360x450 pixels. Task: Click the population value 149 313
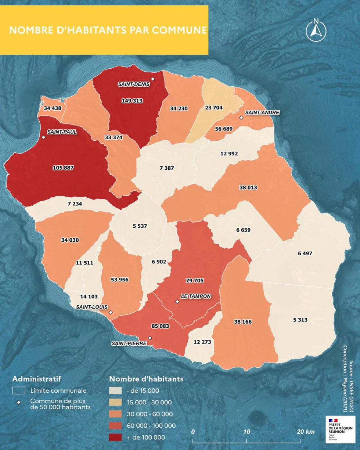[132, 100]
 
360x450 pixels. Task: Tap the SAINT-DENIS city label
[134, 84]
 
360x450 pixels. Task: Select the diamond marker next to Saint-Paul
[43, 137]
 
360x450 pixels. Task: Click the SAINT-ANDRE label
[262, 112]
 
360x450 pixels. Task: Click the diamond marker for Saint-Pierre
[150, 338]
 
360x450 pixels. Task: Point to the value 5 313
[300, 320]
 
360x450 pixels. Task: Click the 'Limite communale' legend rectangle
[19, 390]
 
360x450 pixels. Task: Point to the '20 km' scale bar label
[306, 432]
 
